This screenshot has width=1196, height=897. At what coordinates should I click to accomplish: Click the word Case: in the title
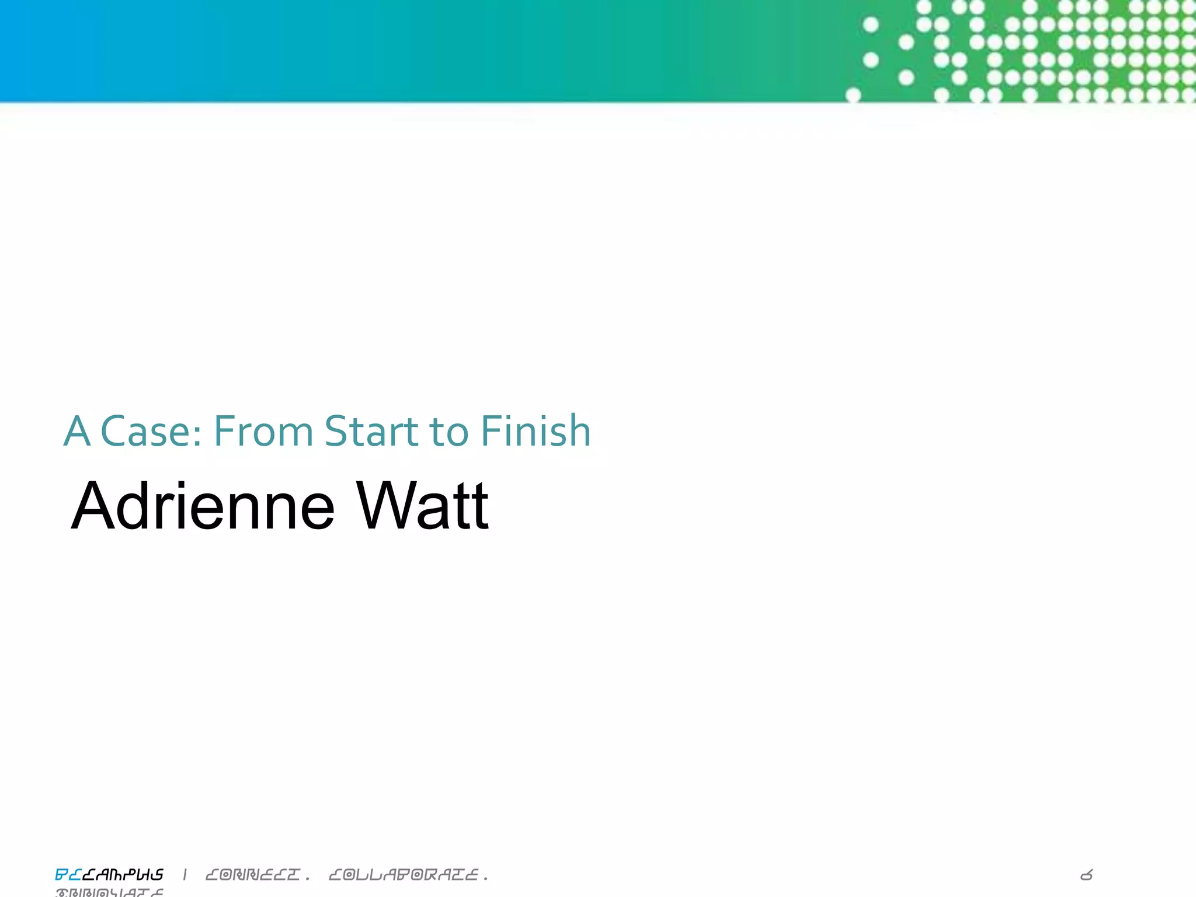tap(151, 432)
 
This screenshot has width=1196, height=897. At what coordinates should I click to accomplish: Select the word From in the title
tap(263, 432)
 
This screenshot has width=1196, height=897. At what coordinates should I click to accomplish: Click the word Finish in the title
tap(536, 432)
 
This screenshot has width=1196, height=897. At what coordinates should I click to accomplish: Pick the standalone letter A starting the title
tap(77, 432)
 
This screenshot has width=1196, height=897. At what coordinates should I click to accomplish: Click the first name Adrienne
tap(203, 506)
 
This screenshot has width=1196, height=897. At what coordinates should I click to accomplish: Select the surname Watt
tap(422, 506)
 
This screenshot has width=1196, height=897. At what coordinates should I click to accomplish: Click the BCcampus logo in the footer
tap(109, 874)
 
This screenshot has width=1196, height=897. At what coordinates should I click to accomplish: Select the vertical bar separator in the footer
tap(185, 874)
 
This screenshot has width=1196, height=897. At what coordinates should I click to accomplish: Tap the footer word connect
tap(253, 874)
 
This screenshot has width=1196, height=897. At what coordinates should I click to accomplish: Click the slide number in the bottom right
tap(1086, 875)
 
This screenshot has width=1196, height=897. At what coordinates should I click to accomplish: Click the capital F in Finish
tap(489, 432)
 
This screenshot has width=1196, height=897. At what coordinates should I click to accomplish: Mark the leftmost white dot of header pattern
tap(853, 95)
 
